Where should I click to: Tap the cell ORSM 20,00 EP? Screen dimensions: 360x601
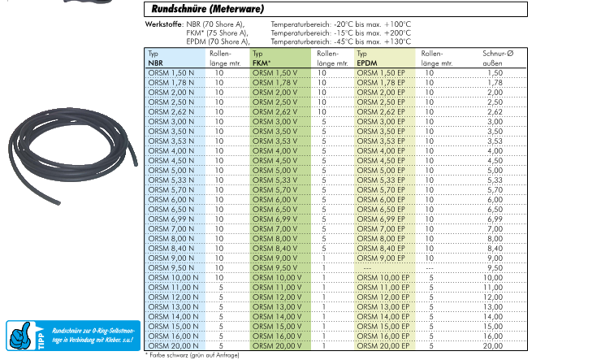(381, 346)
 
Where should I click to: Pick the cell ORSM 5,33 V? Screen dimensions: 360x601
(276, 180)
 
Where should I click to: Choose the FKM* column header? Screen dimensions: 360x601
(263, 62)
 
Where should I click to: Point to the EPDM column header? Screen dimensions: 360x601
(368, 62)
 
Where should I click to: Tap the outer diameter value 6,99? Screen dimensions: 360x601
(495, 219)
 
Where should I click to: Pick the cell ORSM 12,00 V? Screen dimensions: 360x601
(278, 297)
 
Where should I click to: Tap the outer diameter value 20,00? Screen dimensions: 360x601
(495, 346)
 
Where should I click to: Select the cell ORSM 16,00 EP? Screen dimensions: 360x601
(381, 336)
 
